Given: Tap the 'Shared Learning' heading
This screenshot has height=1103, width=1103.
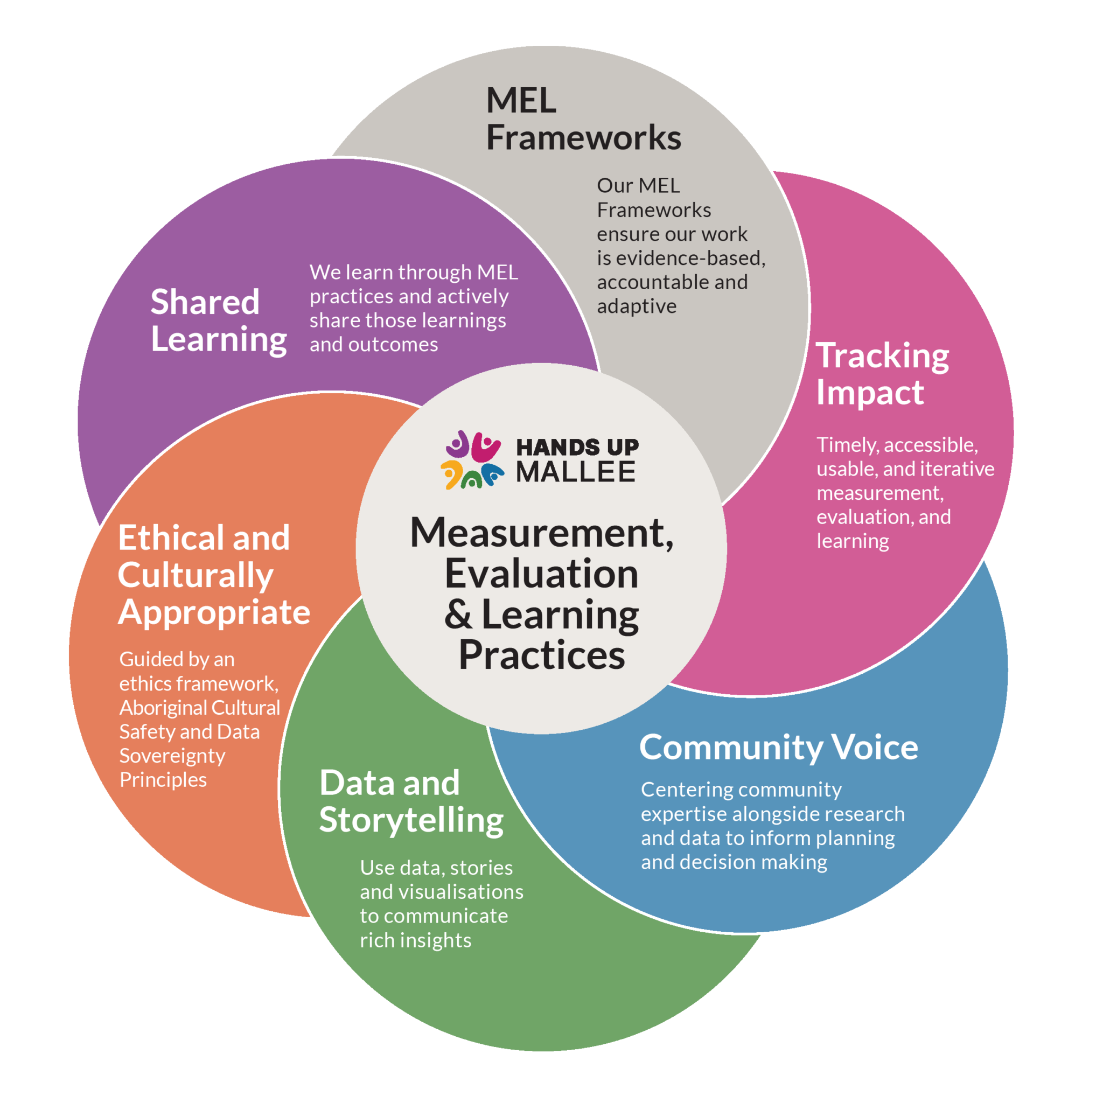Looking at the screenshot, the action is pyautogui.click(x=219, y=321).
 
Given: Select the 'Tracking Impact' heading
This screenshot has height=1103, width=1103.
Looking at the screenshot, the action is pyautogui.click(x=883, y=374).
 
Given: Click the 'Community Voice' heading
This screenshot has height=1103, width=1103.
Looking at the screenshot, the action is pyautogui.click(x=779, y=748).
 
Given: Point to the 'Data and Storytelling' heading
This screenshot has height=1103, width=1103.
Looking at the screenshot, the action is pyautogui.click(x=411, y=801).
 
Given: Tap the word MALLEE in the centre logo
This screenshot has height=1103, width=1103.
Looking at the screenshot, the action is pyautogui.click(x=576, y=472).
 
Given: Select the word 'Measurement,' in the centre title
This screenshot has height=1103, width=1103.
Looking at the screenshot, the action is pyautogui.click(x=542, y=533).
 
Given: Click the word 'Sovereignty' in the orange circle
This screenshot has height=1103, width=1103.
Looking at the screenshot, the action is pyautogui.click(x=172, y=756).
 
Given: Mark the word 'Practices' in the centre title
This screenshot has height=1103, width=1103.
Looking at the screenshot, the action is pyautogui.click(x=542, y=655).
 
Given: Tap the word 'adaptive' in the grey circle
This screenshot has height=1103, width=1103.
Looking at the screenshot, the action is pyautogui.click(x=637, y=307).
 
